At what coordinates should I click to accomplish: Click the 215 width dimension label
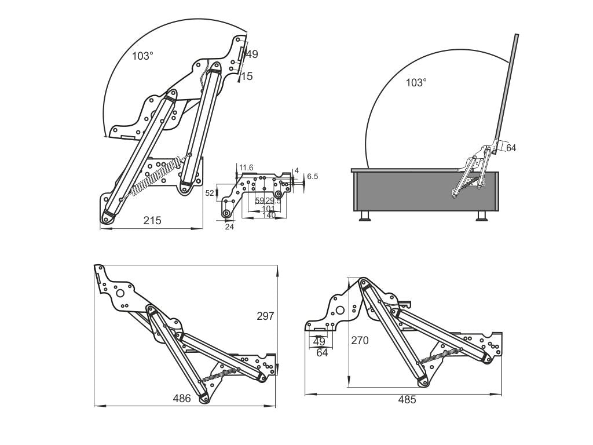point(152,220)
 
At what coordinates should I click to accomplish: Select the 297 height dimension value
point(265,316)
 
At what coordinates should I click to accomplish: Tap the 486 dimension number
point(182,398)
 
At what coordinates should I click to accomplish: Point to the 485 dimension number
point(407,400)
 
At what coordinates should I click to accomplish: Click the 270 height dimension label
point(360,341)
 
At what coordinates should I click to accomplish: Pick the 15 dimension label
point(247,76)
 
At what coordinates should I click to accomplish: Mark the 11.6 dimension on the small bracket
point(246,167)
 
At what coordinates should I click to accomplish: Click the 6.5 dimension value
point(312,176)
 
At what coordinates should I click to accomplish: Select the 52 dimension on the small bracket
point(210,193)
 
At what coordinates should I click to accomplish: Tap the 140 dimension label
point(269,215)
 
